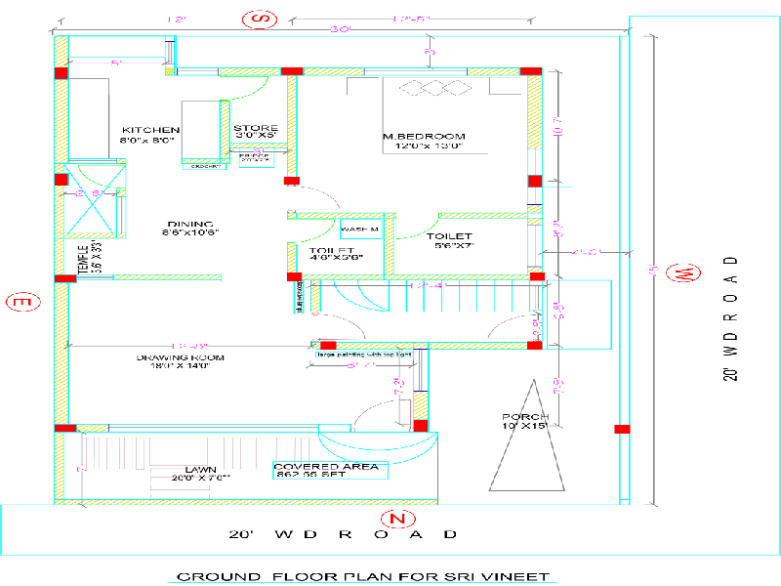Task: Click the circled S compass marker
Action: (260, 18)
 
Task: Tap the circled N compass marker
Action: (395, 517)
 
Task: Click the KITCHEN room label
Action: (150, 130)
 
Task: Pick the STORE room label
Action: (256, 129)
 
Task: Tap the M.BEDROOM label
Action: (424, 136)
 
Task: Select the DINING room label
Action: (189, 224)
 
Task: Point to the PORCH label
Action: (525, 418)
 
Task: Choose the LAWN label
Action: (200, 470)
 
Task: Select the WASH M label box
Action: (360, 230)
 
